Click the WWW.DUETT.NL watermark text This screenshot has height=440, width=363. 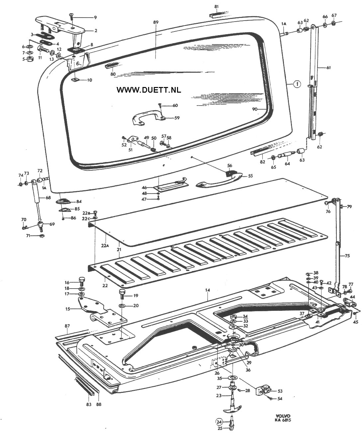coord(148,90)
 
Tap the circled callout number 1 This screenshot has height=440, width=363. coord(297,84)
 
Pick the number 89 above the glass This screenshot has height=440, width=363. coord(156,22)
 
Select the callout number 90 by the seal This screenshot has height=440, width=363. coord(255,109)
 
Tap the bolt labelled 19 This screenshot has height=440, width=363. coord(122,295)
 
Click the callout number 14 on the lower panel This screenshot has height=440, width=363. coord(208,290)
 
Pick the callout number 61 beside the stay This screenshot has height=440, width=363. coord(328,68)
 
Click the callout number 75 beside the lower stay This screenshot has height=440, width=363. coord(347,256)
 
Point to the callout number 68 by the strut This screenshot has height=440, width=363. coord(48,198)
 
